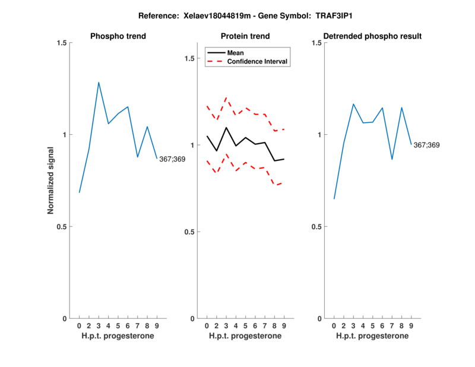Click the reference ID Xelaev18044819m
(211, 15)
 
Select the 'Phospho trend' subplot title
(118, 36)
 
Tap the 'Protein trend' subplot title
(245, 36)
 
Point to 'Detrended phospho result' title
(372, 36)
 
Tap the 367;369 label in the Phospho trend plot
(172, 159)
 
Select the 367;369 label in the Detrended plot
(427, 145)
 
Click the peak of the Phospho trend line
(99, 83)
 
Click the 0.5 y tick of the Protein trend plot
(189, 232)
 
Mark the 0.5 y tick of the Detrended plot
(316, 227)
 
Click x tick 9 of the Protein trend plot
(284, 326)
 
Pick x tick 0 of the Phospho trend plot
(79, 326)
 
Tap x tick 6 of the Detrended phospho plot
(382, 326)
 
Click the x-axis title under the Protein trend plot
(245, 336)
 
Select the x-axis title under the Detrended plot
(372, 336)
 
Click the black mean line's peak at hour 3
(226, 128)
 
